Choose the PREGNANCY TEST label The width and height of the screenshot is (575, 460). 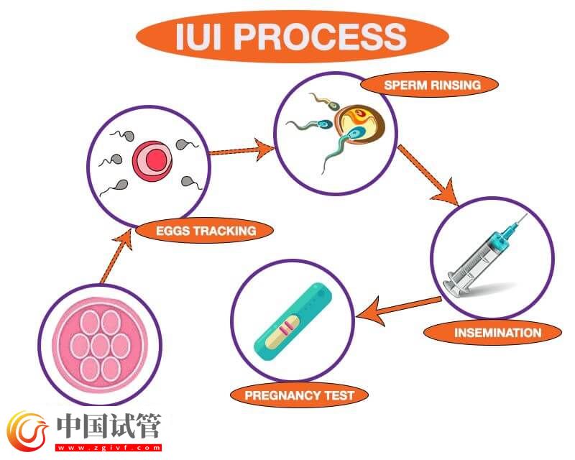pyautogui.click(x=299, y=395)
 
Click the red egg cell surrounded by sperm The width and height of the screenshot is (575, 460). pyautogui.click(x=150, y=159)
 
